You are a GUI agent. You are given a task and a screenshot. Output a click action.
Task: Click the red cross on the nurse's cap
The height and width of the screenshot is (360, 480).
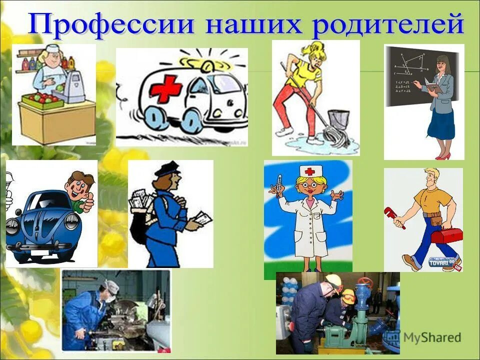(310, 171)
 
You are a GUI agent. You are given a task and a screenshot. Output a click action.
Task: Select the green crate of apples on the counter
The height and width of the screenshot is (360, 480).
(46, 100)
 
